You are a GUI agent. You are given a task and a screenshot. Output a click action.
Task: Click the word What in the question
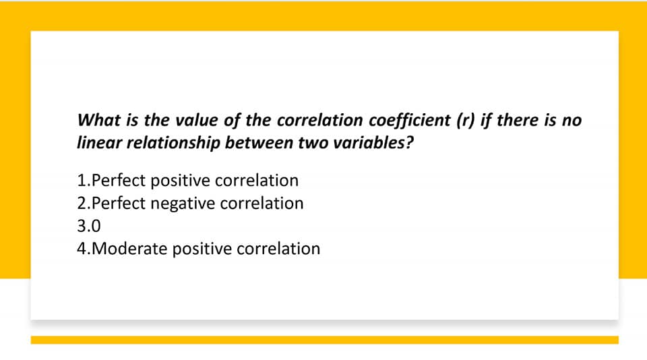[99, 120]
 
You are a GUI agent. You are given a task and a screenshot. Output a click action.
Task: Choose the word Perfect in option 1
[118, 181]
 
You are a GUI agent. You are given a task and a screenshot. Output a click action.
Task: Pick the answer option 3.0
[89, 226]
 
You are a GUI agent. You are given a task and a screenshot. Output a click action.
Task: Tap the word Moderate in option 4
[129, 249]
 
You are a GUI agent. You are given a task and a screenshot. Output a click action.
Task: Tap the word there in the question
[518, 120]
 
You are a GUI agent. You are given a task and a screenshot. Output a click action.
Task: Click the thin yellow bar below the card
[324, 340]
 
